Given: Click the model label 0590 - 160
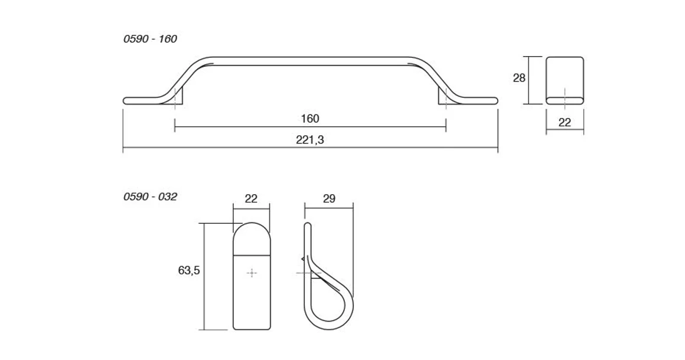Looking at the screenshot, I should [x=150, y=39].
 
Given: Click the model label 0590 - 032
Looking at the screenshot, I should [x=150, y=197].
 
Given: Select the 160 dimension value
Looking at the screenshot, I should [x=309, y=119].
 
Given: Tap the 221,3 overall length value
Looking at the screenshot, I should [x=309, y=140].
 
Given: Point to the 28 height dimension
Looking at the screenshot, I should [x=519, y=78].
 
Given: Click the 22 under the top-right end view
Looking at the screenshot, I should [x=565, y=123].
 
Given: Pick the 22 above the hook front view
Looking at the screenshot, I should [x=252, y=199].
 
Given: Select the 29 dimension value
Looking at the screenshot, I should [x=329, y=199].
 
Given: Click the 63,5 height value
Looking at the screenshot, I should [x=189, y=270].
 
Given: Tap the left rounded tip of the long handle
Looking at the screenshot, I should [x=126, y=100].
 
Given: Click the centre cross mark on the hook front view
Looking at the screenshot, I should [x=252, y=273].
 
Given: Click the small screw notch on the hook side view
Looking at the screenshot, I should [x=304, y=259].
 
